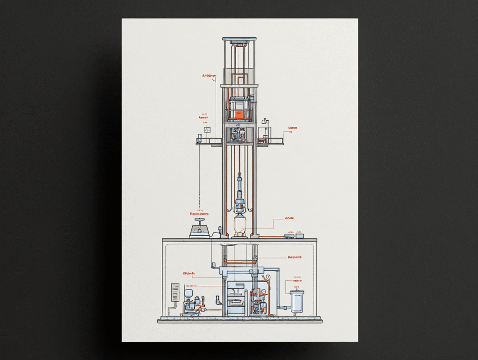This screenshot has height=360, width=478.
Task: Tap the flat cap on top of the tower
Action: [239, 39]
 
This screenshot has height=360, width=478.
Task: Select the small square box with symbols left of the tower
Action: [207, 129]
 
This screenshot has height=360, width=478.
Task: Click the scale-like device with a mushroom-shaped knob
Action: [200, 228]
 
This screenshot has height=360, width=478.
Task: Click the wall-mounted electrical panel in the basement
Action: [175, 292]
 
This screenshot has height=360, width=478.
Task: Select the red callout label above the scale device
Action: [199, 214]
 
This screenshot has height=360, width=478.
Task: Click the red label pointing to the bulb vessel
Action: [290, 218]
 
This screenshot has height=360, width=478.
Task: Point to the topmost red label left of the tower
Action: [209, 76]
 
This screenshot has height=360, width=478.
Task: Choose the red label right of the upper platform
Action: [292, 127]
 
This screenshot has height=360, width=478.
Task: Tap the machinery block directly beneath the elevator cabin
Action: [239, 134]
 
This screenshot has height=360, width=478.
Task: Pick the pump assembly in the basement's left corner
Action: [192, 305]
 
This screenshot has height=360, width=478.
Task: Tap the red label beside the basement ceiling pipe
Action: [295, 257]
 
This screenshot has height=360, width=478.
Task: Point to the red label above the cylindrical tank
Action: [297, 281]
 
